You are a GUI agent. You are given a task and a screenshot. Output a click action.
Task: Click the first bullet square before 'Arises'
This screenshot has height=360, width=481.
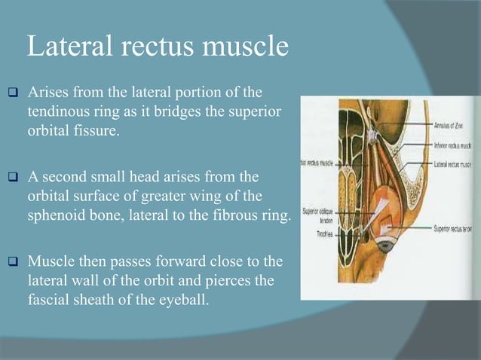[x=13, y=93]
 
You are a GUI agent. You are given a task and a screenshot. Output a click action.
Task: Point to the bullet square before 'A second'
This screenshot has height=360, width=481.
[x=13, y=178]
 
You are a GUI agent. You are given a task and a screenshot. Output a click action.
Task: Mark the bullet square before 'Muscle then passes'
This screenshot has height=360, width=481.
[x=13, y=263]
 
